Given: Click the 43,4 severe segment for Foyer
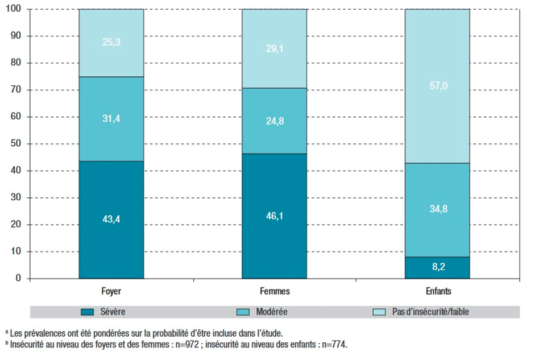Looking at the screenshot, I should pyautogui.click(x=111, y=220).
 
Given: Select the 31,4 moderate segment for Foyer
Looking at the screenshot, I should pyautogui.click(x=111, y=119).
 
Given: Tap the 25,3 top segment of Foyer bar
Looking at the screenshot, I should pyautogui.click(x=111, y=43).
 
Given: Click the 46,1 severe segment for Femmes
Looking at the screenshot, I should pyautogui.click(x=274, y=216).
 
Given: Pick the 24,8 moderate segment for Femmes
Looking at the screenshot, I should pyautogui.click(x=274, y=121).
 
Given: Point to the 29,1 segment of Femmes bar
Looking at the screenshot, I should pyautogui.click(x=274, y=49).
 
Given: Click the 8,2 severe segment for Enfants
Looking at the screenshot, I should pyautogui.click(x=437, y=268).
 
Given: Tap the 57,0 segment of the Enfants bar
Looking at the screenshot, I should pyautogui.click(x=437, y=86).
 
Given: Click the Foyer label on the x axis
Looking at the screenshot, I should pyautogui.click(x=111, y=291).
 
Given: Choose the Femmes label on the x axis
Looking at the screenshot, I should pyautogui.click(x=274, y=291).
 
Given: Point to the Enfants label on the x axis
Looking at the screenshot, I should pyautogui.click(x=437, y=291).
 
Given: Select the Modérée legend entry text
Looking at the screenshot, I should pyautogui.click(x=272, y=312).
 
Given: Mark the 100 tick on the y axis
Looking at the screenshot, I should pyautogui.click(x=14, y=9).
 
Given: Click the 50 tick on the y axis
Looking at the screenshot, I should pyautogui.click(x=16, y=144).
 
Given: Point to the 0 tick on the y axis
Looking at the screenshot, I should pyautogui.click(x=18, y=279).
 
